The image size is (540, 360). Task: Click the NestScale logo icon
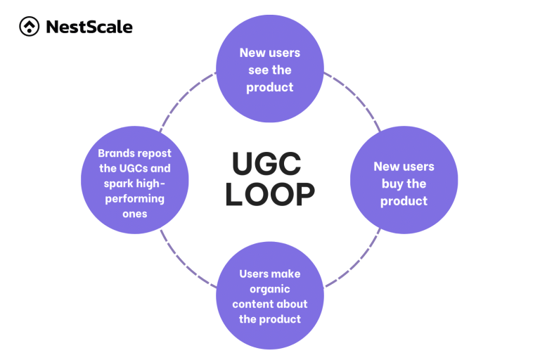(29, 27)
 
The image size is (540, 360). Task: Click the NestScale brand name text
(89, 27)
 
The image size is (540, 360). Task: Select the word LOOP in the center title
(269, 195)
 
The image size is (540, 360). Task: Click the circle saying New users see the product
(269, 70)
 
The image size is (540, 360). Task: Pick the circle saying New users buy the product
(404, 184)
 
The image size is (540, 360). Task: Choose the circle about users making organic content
(269, 296)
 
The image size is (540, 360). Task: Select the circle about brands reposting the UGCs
(134, 183)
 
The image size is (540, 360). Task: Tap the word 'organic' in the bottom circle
(269, 289)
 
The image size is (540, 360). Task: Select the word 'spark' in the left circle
(114, 184)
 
